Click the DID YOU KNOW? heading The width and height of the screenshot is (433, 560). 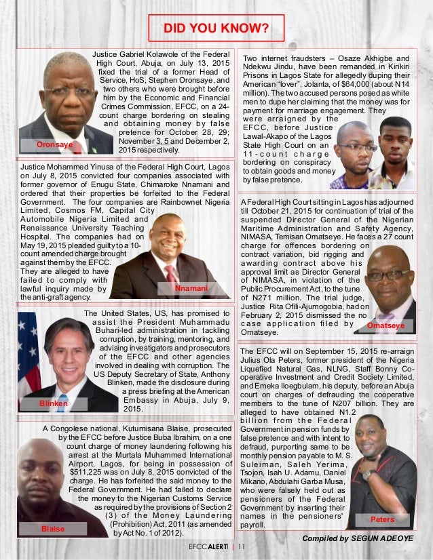click(216, 28)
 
